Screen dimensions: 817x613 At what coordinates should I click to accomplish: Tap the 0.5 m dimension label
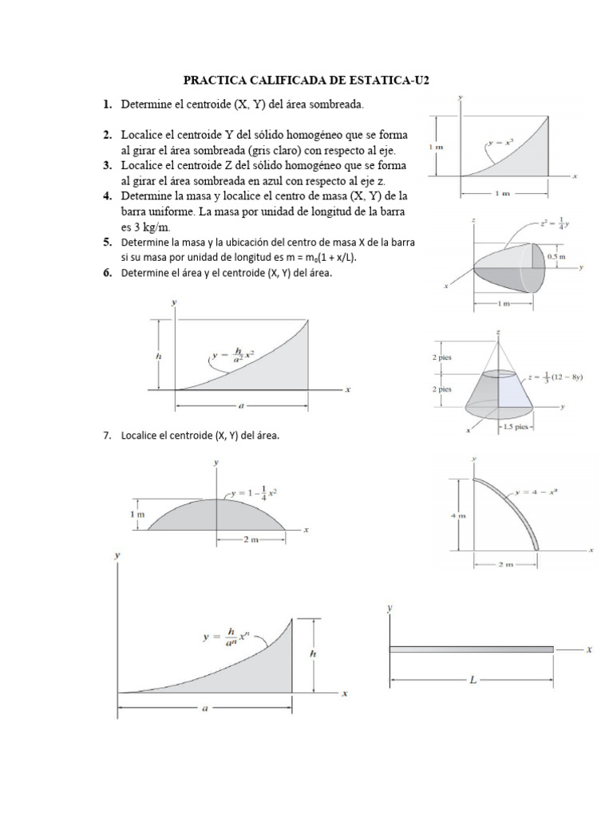click(x=556, y=256)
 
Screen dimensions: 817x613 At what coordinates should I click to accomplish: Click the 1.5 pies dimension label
click(x=514, y=427)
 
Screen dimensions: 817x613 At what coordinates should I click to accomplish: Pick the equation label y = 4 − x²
click(x=535, y=492)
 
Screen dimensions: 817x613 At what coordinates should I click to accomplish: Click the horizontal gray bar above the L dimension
click(x=471, y=649)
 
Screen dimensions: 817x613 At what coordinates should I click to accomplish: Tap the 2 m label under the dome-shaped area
click(x=251, y=540)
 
